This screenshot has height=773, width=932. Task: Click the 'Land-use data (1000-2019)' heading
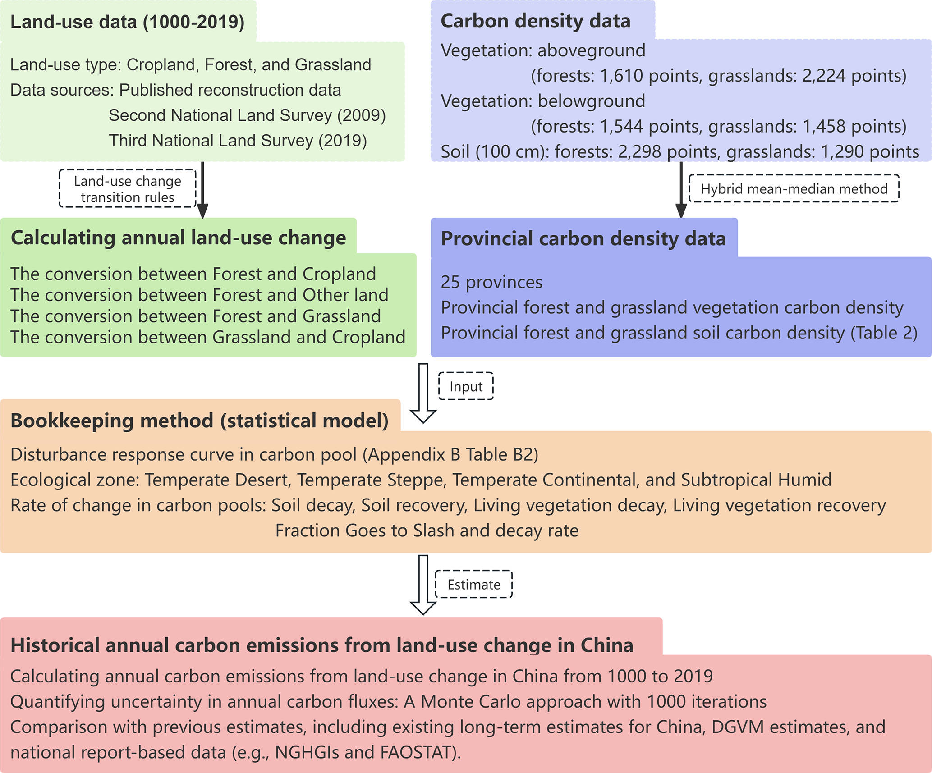127,22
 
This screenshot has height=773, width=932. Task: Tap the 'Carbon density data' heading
535,21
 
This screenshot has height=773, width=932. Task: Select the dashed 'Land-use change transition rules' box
128,189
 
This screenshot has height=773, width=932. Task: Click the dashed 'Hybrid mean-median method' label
794,188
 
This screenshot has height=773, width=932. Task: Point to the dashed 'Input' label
466,386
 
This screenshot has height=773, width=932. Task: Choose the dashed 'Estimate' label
473,585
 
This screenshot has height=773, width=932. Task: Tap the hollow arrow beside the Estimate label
423,585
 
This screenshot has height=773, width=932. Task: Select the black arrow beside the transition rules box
202,189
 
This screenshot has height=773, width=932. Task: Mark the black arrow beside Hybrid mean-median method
681,189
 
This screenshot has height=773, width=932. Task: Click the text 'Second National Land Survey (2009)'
247,115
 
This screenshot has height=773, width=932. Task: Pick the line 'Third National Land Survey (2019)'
238,141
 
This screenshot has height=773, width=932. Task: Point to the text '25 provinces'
491,282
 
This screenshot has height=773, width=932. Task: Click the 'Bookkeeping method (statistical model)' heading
199,421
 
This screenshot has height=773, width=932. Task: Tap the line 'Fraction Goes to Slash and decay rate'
427,531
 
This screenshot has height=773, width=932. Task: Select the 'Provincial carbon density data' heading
583,238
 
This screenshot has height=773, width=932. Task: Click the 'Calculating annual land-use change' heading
178,238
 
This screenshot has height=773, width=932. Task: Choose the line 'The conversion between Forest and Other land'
199,295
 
